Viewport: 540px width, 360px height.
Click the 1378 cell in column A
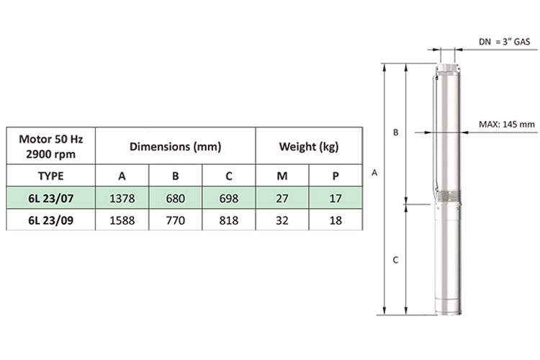122,199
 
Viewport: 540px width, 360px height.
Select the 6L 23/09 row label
50,220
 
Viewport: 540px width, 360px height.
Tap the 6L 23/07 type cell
50,199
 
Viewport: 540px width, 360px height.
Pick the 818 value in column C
229,220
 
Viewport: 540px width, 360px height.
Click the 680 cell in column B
175,199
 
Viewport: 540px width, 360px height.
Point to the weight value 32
282,220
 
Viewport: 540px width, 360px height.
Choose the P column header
336,176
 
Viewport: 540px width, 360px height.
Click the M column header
282,176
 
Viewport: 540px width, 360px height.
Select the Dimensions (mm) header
175,147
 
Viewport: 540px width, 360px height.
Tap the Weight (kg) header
309,147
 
